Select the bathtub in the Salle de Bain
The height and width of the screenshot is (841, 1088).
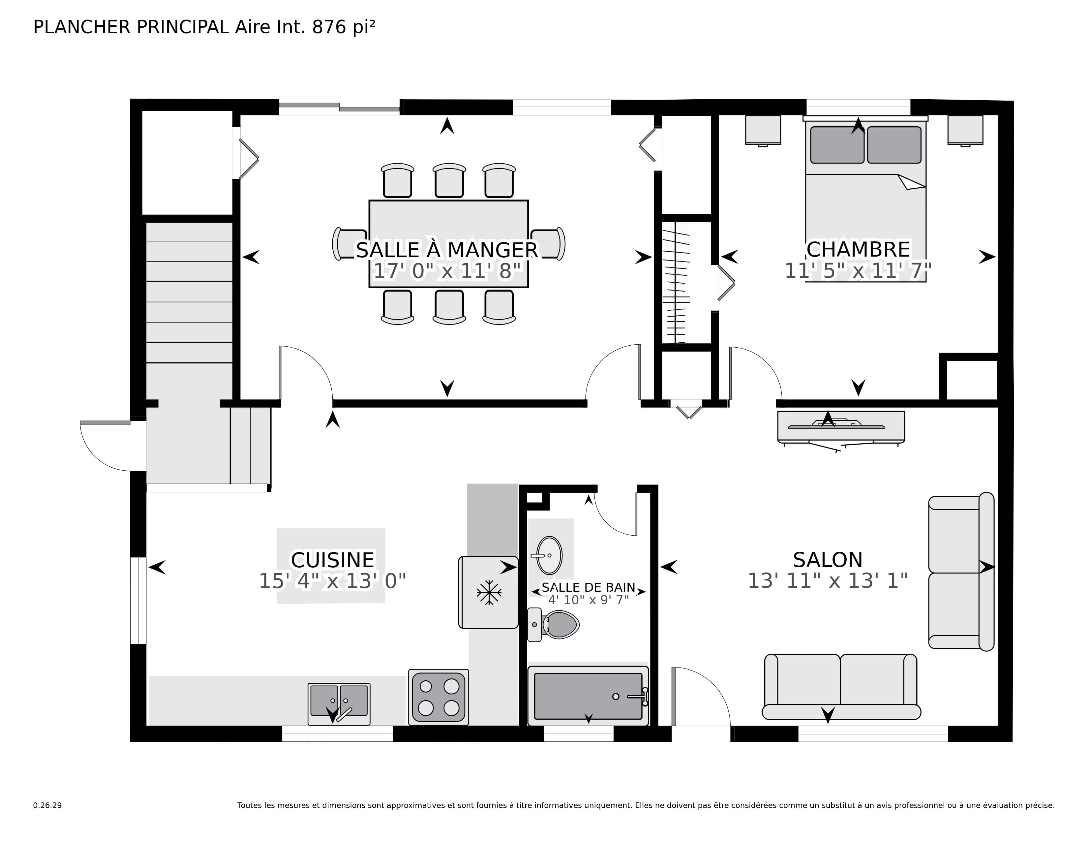pos(588,696)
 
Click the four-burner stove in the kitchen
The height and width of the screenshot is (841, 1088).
pos(438,697)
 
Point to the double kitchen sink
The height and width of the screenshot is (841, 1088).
pos(339,703)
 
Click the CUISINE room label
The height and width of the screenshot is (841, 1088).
pos(332,560)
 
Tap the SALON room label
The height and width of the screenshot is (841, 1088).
pos(828,560)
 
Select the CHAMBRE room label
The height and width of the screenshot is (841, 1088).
pos(858,249)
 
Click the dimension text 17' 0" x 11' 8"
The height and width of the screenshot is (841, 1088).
pos(447,271)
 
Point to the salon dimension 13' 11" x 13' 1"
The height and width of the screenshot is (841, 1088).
pos(828,581)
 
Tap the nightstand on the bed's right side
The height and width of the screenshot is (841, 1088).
pos(965,131)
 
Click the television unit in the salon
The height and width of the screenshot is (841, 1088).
pos(841,427)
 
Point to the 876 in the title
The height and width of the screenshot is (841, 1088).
pos(329,27)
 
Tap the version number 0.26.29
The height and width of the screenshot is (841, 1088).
pos(47,805)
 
